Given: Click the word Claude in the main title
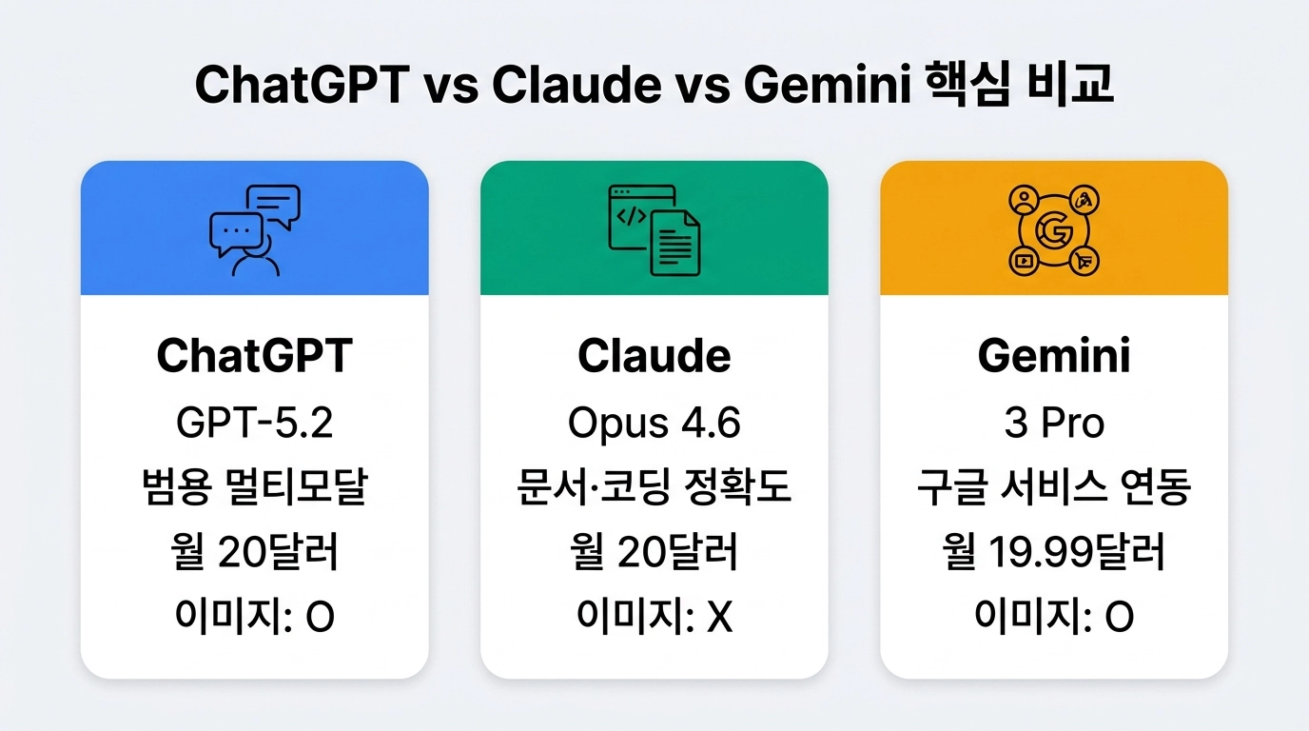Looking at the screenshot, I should pyautogui.click(x=576, y=86).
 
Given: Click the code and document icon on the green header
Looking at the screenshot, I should pyautogui.click(x=654, y=230).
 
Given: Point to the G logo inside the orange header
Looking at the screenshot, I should pyautogui.click(x=1054, y=231).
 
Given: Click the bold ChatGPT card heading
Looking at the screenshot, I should pyautogui.click(x=254, y=356).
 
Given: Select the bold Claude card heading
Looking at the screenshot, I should pyautogui.click(x=654, y=356).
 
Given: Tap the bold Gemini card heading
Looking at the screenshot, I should pyautogui.click(x=1054, y=356).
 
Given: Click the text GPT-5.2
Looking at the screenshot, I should pyautogui.click(x=254, y=424).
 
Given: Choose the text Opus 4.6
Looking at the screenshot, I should pyautogui.click(x=654, y=424).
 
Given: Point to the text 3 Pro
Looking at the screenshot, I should pyautogui.click(x=1054, y=424).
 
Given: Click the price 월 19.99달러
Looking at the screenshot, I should pyautogui.click(x=1054, y=553).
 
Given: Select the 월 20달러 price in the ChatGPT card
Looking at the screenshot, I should pyautogui.click(x=254, y=553).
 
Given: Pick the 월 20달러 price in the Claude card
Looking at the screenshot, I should pyautogui.click(x=654, y=553).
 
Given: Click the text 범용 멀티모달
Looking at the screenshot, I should pyautogui.click(x=254, y=488).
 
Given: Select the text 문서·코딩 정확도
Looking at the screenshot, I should pyautogui.click(x=654, y=488).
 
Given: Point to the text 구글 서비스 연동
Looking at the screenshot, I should pyautogui.click(x=1054, y=488).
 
